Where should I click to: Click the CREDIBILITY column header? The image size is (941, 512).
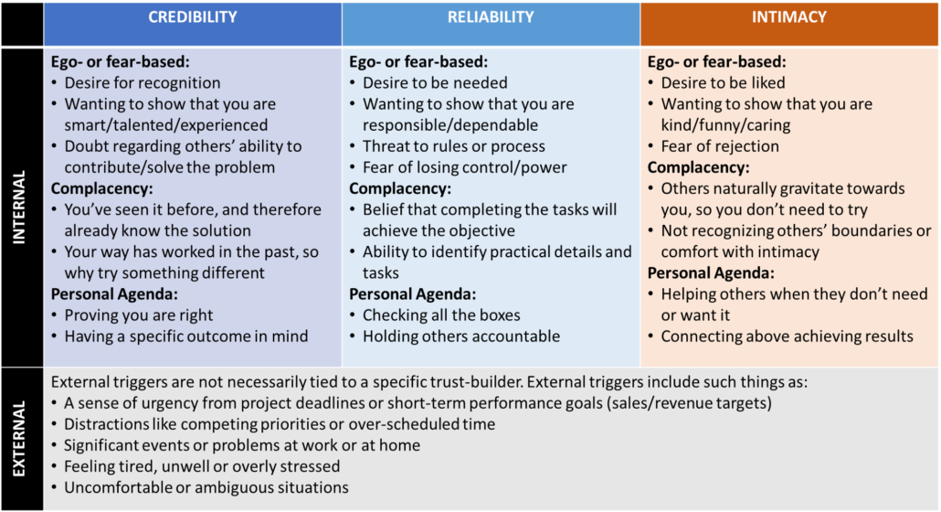pyautogui.click(x=193, y=17)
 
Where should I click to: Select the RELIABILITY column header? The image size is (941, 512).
pyautogui.click(x=491, y=17)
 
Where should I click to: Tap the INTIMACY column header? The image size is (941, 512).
pyautogui.click(x=789, y=17)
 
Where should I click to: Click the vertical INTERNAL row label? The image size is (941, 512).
pyautogui.click(x=20, y=207)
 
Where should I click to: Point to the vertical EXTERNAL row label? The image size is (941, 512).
pyautogui.click(x=20, y=439)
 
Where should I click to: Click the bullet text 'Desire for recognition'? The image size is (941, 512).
pyautogui.click(x=143, y=83)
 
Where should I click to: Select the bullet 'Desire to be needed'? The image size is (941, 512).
pyautogui.click(x=435, y=83)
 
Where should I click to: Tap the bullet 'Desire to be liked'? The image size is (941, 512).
pyautogui.click(x=724, y=83)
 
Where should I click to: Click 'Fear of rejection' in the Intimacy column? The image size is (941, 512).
pyautogui.click(x=720, y=146)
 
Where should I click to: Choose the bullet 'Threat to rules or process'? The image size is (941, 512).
pyautogui.click(x=454, y=146)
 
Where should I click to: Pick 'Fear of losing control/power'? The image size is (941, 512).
pyautogui.click(x=464, y=167)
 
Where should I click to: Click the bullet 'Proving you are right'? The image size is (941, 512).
pyautogui.click(x=139, y=315)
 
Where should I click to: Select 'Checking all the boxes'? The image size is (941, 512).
pyautogui.click(x=441, y=315)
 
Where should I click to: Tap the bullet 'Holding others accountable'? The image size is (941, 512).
pyautogui.click(x=460, y=336)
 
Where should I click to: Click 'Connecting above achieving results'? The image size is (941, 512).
pyautogui.click(x=787, y=336)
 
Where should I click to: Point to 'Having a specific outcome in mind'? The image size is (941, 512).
pyautogui.click(x=186, y=336)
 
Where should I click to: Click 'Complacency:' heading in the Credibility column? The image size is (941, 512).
pyautogui.click(x=102, y=188)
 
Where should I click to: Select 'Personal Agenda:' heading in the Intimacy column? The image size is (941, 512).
pyautogui.click(x=711, y=273)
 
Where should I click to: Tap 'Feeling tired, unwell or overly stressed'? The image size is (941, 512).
pyautogui.click(x=202, y=466)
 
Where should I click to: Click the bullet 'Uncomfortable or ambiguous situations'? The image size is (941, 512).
pyautogui.click(x=206, y=487)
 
